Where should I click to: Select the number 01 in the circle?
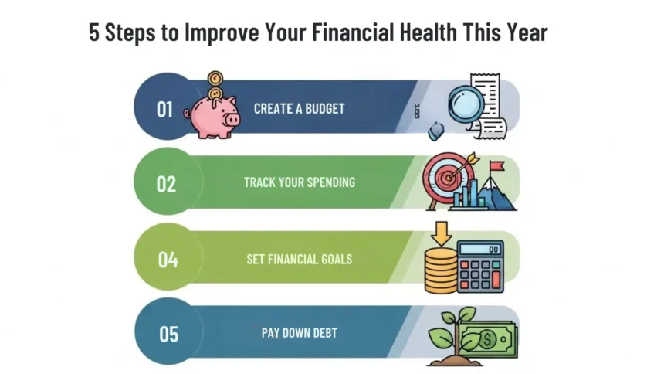(x=164, y=109)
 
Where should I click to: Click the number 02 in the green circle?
(x=166, y=184)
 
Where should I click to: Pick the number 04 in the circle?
(x=168, y=259)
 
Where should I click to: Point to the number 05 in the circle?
(x=169, y=334)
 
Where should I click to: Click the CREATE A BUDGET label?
(x=299, y=109)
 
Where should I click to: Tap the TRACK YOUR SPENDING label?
(x=299, y=183)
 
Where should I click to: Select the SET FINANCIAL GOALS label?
(x=299, y=259)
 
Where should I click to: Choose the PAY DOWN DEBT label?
(x=299, y=334)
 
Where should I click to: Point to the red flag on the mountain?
(x=497, y=165)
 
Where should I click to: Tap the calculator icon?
(x=480, y=266)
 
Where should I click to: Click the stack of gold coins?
(x=441, y=270)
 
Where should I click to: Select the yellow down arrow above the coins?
(x=441, y=232)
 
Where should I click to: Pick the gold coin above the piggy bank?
(x=215, y=79)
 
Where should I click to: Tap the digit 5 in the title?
(x=94, y=35)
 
